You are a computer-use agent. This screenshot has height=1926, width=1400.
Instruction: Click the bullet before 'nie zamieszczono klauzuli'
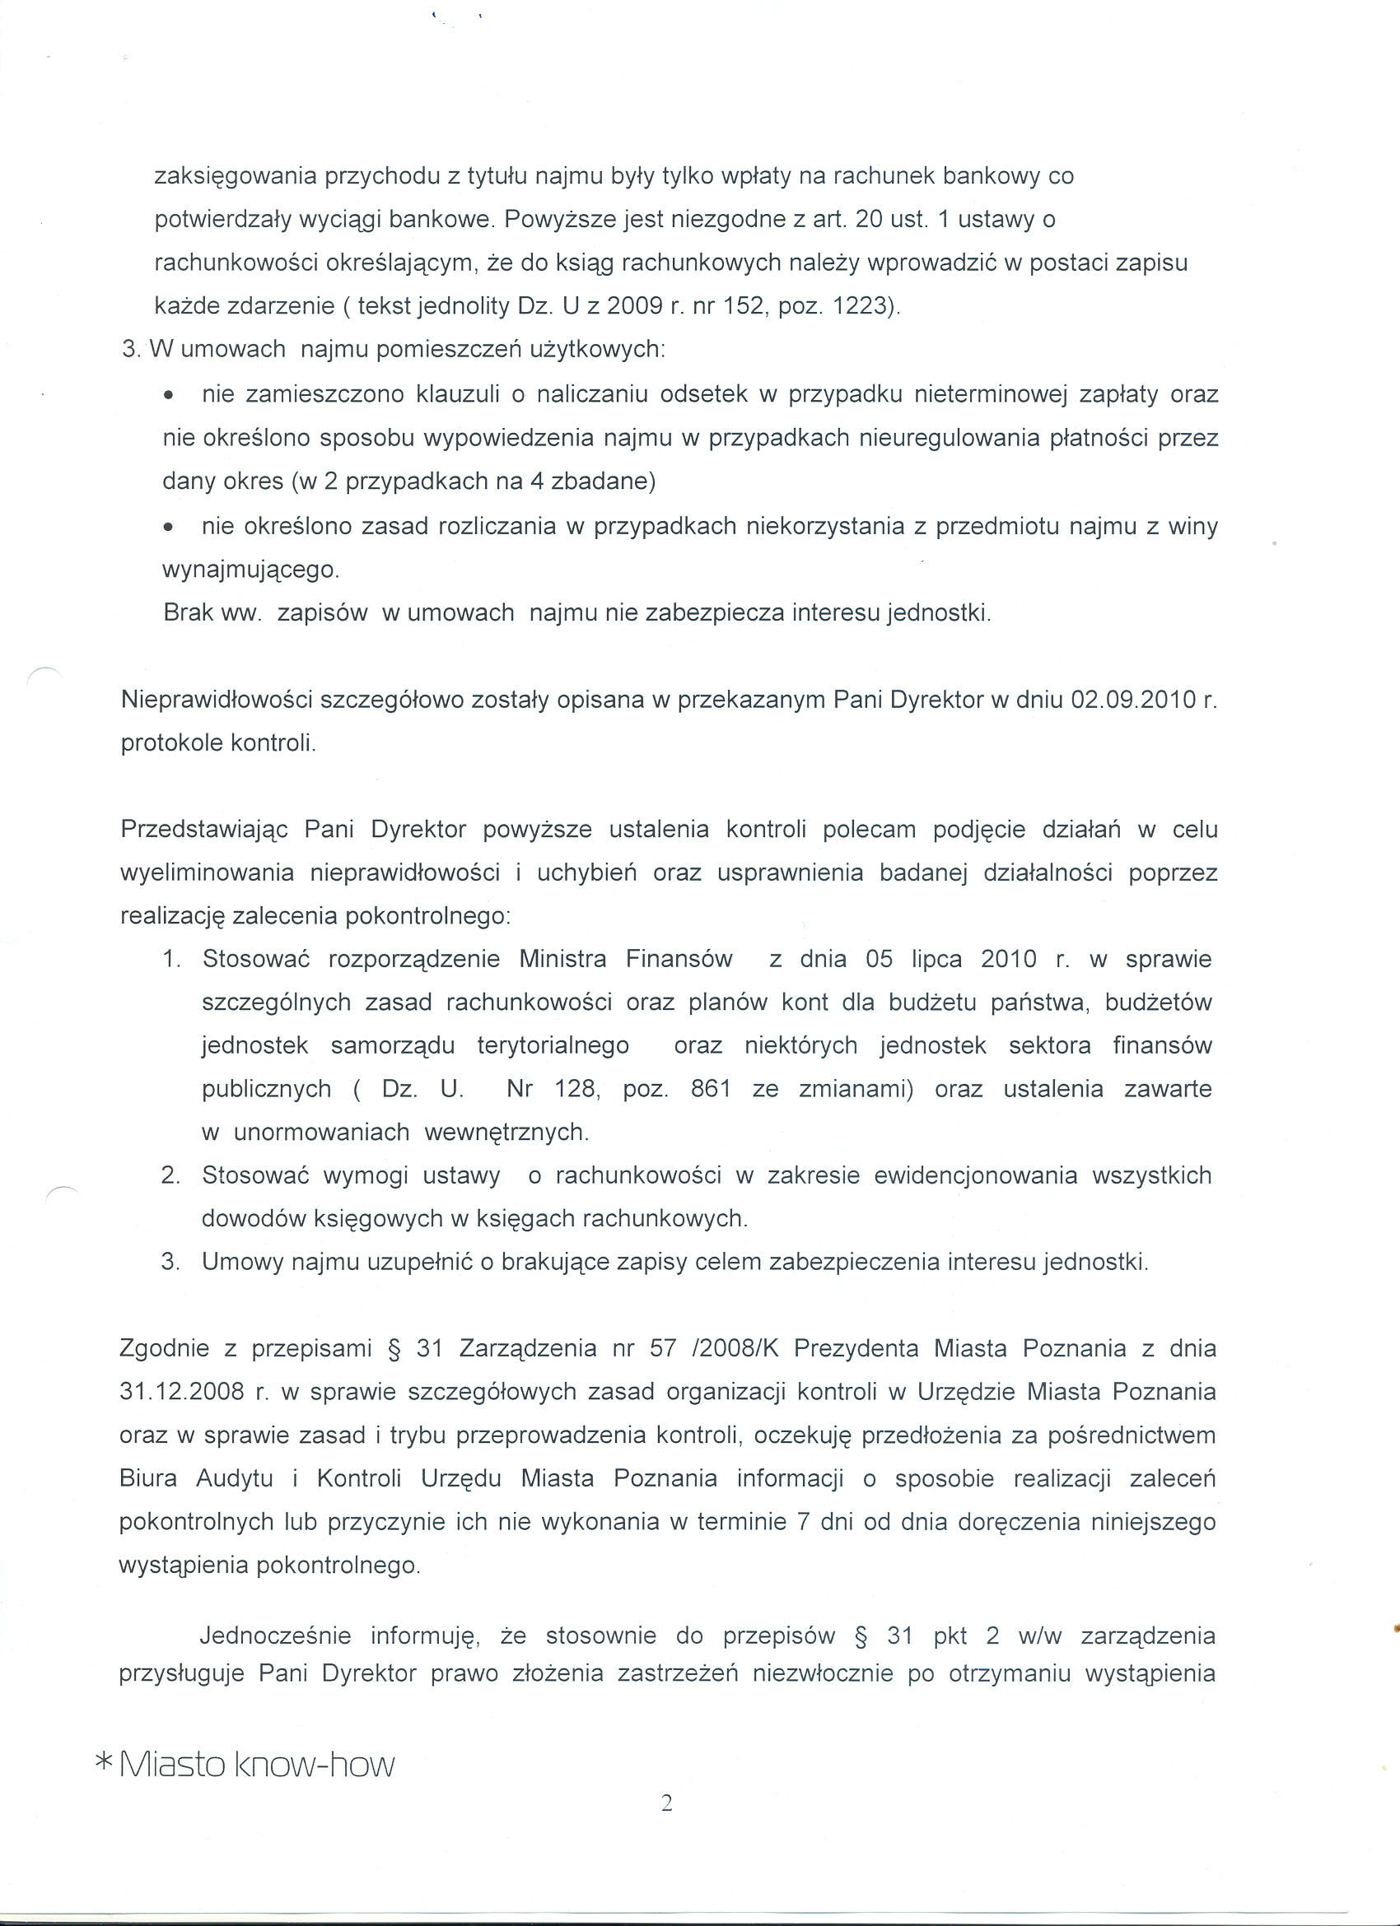point(170,397)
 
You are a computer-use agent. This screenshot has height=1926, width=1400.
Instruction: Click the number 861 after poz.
point(711,1089)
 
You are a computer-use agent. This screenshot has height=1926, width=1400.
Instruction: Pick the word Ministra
point(562,959)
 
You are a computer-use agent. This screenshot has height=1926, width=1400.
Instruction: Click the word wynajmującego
point(250,570)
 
